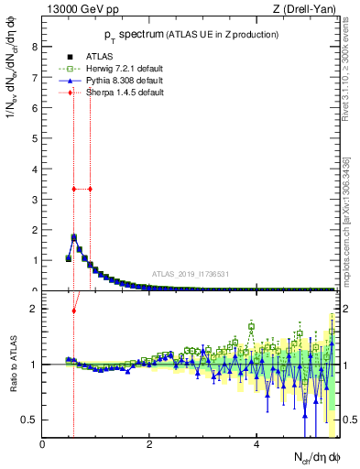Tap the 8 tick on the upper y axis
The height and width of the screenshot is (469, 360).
(35, 47)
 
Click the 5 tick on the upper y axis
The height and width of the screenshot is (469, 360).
(35, 138)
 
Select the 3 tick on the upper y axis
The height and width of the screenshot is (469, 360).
(35, 199)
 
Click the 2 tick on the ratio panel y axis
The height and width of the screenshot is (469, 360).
(35, 309)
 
